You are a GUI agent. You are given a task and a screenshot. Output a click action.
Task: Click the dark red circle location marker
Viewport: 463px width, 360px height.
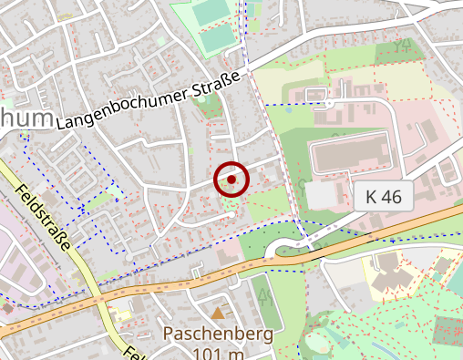point(231,180)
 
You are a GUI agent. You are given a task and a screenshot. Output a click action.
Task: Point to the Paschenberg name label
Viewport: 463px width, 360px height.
point(218,334)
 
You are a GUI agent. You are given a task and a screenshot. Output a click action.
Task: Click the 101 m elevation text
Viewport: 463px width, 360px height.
point(218,353)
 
